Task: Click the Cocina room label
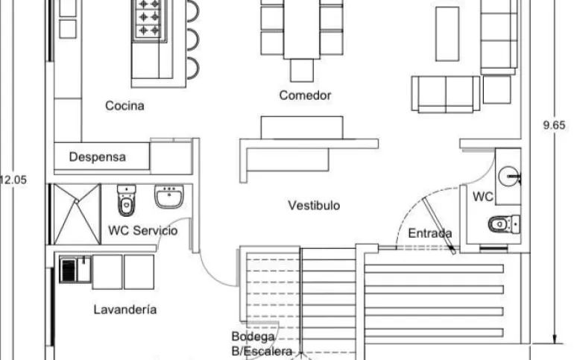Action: [x=124, y=106]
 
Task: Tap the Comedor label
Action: [x=305, y=95]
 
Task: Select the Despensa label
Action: [x=98, y=157]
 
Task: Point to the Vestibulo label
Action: [x=314, y=205]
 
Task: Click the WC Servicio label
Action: [x=143, y=231]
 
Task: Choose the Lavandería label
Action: [x=125, y=309]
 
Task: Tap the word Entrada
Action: [x=430, y=233]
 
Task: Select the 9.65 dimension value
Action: [x=554, y=126]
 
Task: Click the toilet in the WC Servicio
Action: [x=126, y=201]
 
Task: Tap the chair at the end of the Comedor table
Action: [x=302, y=70]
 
